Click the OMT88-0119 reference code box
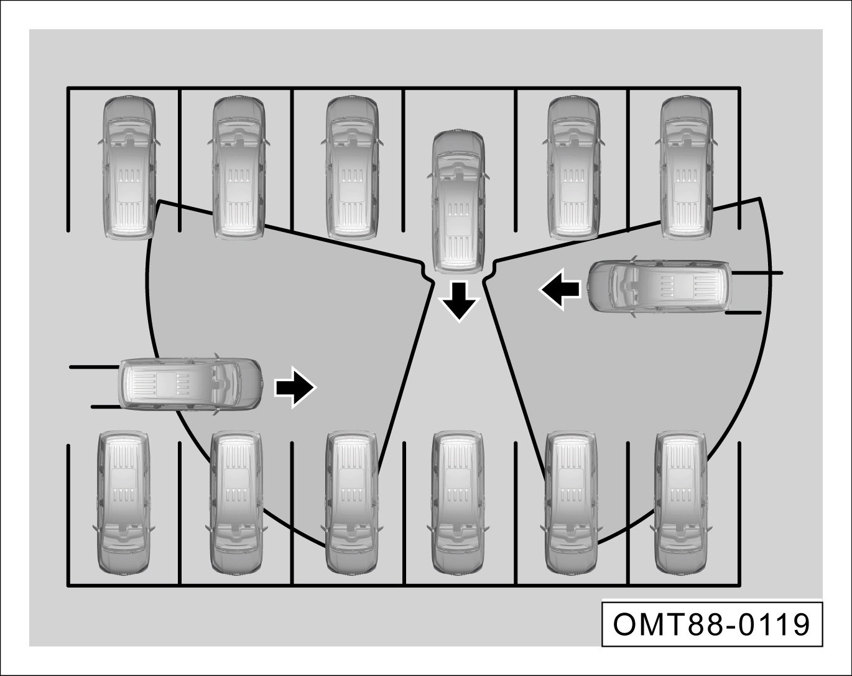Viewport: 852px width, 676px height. pos(712,624)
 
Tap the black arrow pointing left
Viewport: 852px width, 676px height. pos(560,289)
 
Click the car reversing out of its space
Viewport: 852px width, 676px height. pos(458,201)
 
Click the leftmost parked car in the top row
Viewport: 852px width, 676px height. pos(129,167)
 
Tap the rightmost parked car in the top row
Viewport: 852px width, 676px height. pos(687,167)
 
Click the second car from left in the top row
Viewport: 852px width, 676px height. pos(238,167)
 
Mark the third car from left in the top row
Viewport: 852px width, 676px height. pos(352,167)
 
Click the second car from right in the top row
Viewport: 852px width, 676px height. pos(573,167)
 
